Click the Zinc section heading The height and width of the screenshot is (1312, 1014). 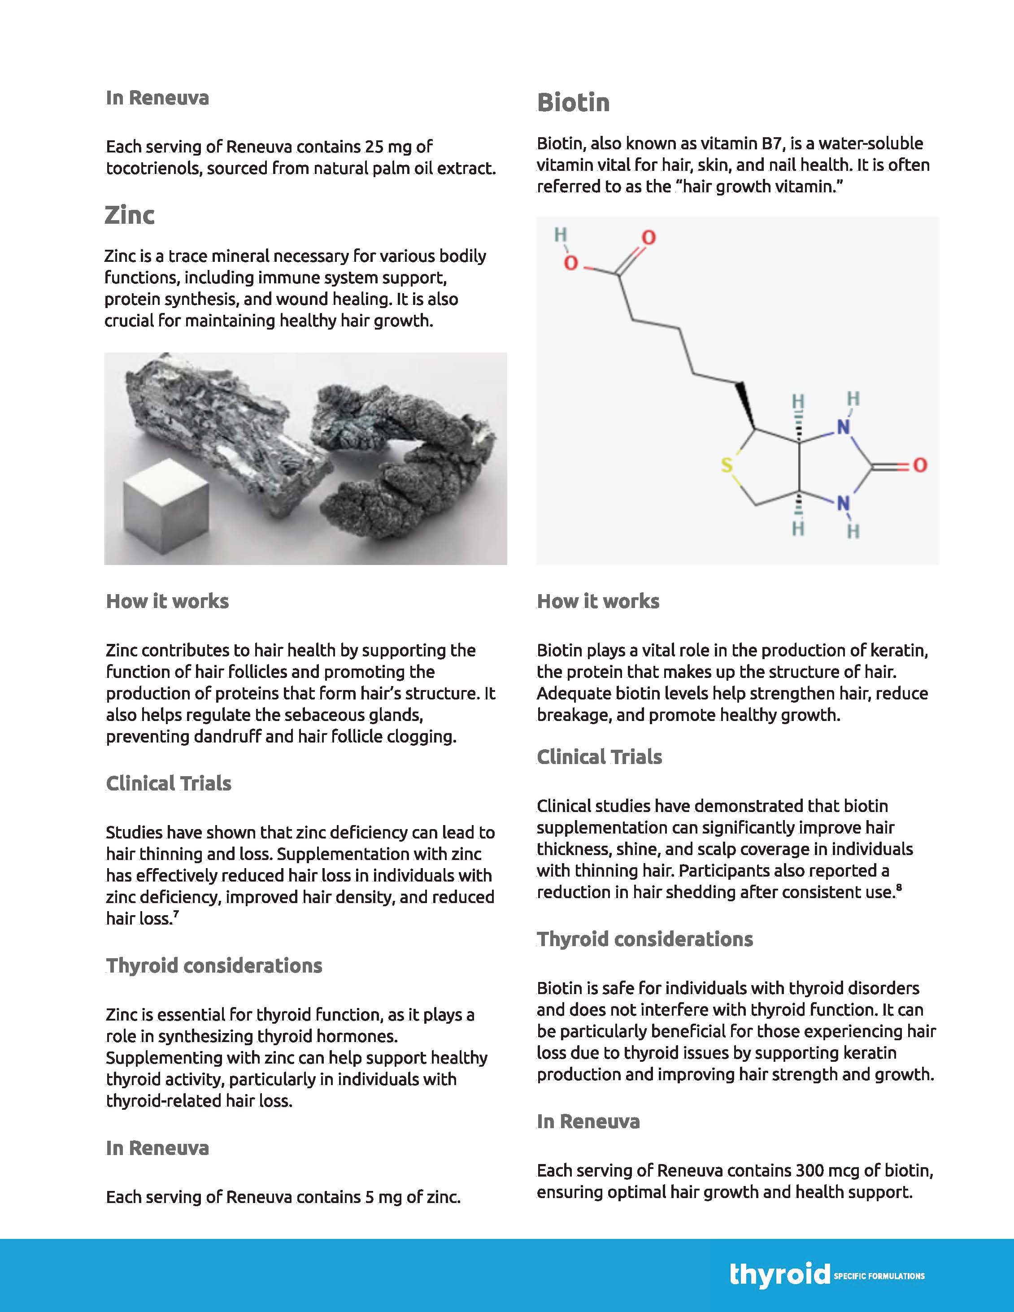tap(129, 215)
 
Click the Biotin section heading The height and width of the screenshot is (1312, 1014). tap(573, 103)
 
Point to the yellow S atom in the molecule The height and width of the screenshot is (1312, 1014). tap(727, 465)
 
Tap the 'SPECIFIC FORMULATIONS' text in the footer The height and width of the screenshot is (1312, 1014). tap(879, 1275)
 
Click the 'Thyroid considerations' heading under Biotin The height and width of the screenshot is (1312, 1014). tap(644, 939)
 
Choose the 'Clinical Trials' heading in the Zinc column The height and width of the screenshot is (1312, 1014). tap(168, 783)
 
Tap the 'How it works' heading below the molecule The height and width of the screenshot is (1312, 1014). tap(598, 601)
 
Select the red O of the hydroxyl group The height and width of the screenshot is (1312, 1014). tap(570, 263)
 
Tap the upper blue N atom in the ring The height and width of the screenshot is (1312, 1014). tap(844, 427)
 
